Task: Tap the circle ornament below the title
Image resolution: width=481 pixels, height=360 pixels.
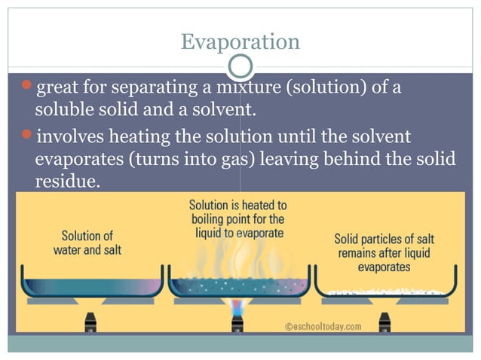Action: pos(240,67)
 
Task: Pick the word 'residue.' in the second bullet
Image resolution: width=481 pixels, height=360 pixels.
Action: pos(67,182)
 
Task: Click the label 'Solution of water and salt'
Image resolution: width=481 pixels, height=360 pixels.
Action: pos(87,243)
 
